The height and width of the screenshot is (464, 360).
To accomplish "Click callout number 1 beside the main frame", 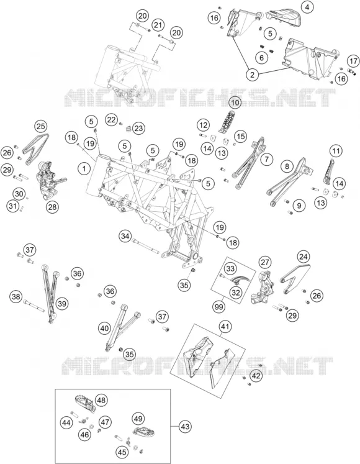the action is [x=84, y=169].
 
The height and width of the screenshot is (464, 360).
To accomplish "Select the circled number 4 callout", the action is [x=307, y=7].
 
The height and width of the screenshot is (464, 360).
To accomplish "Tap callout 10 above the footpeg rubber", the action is [x=235, y=102].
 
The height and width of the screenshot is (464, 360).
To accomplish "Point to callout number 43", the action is [x=185, y=427].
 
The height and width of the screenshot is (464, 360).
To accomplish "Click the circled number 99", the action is [x=219, y=307].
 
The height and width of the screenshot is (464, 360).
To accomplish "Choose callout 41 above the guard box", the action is [x=225, y=327].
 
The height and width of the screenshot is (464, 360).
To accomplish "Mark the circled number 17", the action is [x=353, y=61].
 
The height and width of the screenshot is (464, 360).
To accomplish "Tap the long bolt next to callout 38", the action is [x=34, y=306].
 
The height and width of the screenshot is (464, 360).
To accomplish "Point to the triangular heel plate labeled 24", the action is [x=294, y=278].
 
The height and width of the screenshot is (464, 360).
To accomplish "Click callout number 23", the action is [x=138, y=129].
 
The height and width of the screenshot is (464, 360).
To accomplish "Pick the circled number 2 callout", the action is [x=253, y=75].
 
